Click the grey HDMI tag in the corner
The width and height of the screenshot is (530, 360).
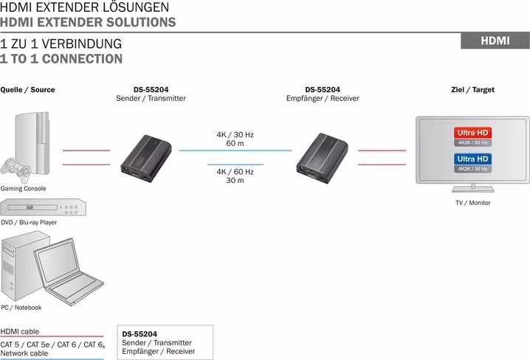(495, 41)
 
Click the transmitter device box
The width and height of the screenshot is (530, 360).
(146, 159)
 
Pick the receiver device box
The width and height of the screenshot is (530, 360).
(322, 158)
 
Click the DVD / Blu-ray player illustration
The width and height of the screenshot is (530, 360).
(43, 207)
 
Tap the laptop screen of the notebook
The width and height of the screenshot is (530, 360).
(58, 260)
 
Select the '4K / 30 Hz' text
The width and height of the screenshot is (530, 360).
(235, 135)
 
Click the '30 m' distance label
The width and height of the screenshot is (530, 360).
(235, 180)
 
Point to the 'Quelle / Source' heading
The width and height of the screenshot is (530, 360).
(27, 90)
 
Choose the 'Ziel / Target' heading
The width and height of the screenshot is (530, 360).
(472, 90)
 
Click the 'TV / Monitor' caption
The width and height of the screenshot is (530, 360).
(473, 203)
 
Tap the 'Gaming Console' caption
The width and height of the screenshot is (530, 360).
(23, 189)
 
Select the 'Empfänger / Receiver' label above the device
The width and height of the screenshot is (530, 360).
(323, 99)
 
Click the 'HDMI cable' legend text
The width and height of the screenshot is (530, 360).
(20, 332)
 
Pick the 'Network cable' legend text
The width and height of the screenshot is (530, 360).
(24, 353)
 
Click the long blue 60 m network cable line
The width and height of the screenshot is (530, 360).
(235, 150)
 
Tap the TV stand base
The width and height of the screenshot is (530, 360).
(473, 189)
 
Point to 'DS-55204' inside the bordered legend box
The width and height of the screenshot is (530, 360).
(140, 334)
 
